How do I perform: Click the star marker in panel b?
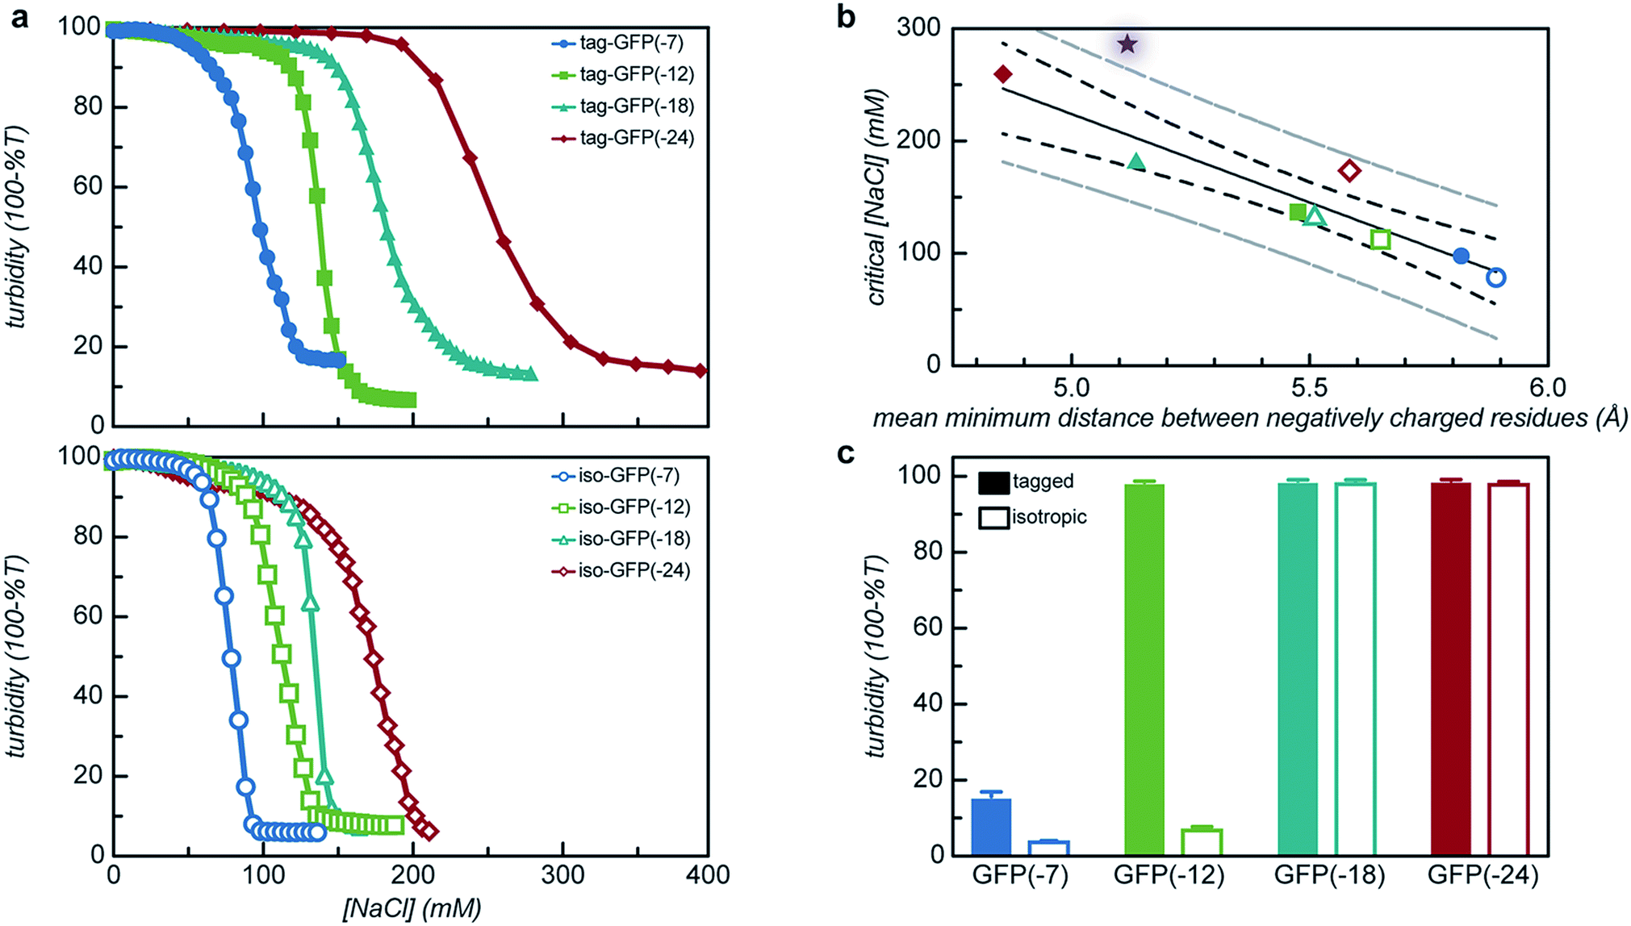pyautogui.click(x=1127, y=44)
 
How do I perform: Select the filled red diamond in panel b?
pyautogui.click(x=1003, y=74)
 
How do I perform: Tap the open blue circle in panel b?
pyautogui.click(x=1495, y=277)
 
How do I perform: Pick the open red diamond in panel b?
pyautogui.click(x=1349, y=170)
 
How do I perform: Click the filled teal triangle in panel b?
pyautogui.click(x=1136, y=162)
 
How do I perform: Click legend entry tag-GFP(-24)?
pyautogui.click(x=636, y=138)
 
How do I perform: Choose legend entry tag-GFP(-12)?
pyautogui.click(x=636, y=74)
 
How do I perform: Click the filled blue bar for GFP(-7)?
pyautogui.click(x=992, y=827)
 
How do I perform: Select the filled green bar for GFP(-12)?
pyautogui.click(x=1144, y=669)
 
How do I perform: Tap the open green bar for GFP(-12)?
pyautogui.click(x=1202, y=842)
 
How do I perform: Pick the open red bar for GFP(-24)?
pyautogui.click(x=1508, y=669)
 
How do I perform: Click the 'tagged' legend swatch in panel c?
pyautogui.click(x=993, y=482)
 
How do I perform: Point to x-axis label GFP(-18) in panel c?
pyautogui.click(x=1329, y=875)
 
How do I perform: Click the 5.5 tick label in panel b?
pyautogui.click(x=1308, y=388)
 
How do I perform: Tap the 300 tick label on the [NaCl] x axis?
pyautogui.click(x=562, y=874)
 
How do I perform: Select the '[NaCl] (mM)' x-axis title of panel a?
pyautogui.click(x=412, y=908)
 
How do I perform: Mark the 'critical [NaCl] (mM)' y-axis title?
pyautogui.click(x=877, y=198)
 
